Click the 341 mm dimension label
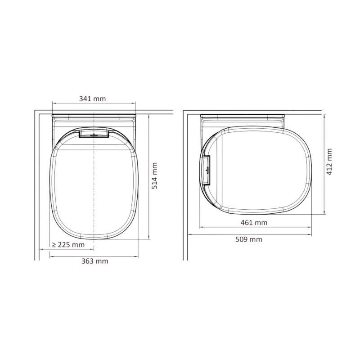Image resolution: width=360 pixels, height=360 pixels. coord(94,99)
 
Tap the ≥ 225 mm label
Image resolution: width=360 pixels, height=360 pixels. coord(68,245)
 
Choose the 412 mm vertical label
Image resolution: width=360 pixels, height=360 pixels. coord(330,162)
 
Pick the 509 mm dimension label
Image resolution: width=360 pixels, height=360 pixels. coord(249,239)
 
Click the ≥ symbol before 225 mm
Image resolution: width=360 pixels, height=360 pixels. coord(54,245)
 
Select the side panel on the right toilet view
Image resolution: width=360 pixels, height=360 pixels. coord(207,170)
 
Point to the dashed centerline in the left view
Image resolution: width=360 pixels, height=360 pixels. coord(94,189)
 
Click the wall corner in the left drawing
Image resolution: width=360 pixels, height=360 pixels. coord(36,111)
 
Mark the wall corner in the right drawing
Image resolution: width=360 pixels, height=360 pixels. coord(184,111)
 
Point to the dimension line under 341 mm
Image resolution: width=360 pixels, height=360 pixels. coord(94,103)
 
